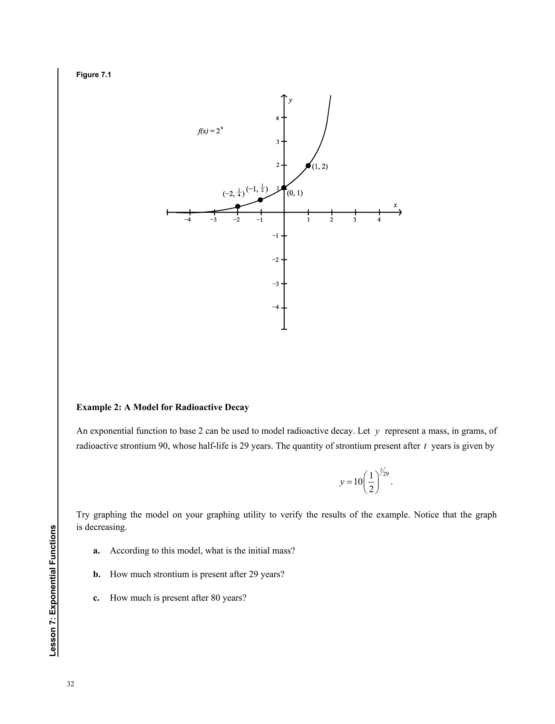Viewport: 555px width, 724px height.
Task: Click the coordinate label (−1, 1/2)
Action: click(x=257, y=189)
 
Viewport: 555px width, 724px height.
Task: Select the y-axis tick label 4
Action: click(x=277, y=118)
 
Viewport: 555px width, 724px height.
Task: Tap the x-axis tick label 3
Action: click(x=354, y=220)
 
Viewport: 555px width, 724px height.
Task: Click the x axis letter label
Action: click(x=395, y=205)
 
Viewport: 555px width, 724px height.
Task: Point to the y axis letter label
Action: click(x=290, y=100)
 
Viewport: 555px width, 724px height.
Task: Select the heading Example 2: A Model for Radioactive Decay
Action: click(x=163, y=407)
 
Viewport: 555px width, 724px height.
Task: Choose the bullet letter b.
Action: click(x=96, y=574)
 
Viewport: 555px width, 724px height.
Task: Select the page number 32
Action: click(x=70, y=684)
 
